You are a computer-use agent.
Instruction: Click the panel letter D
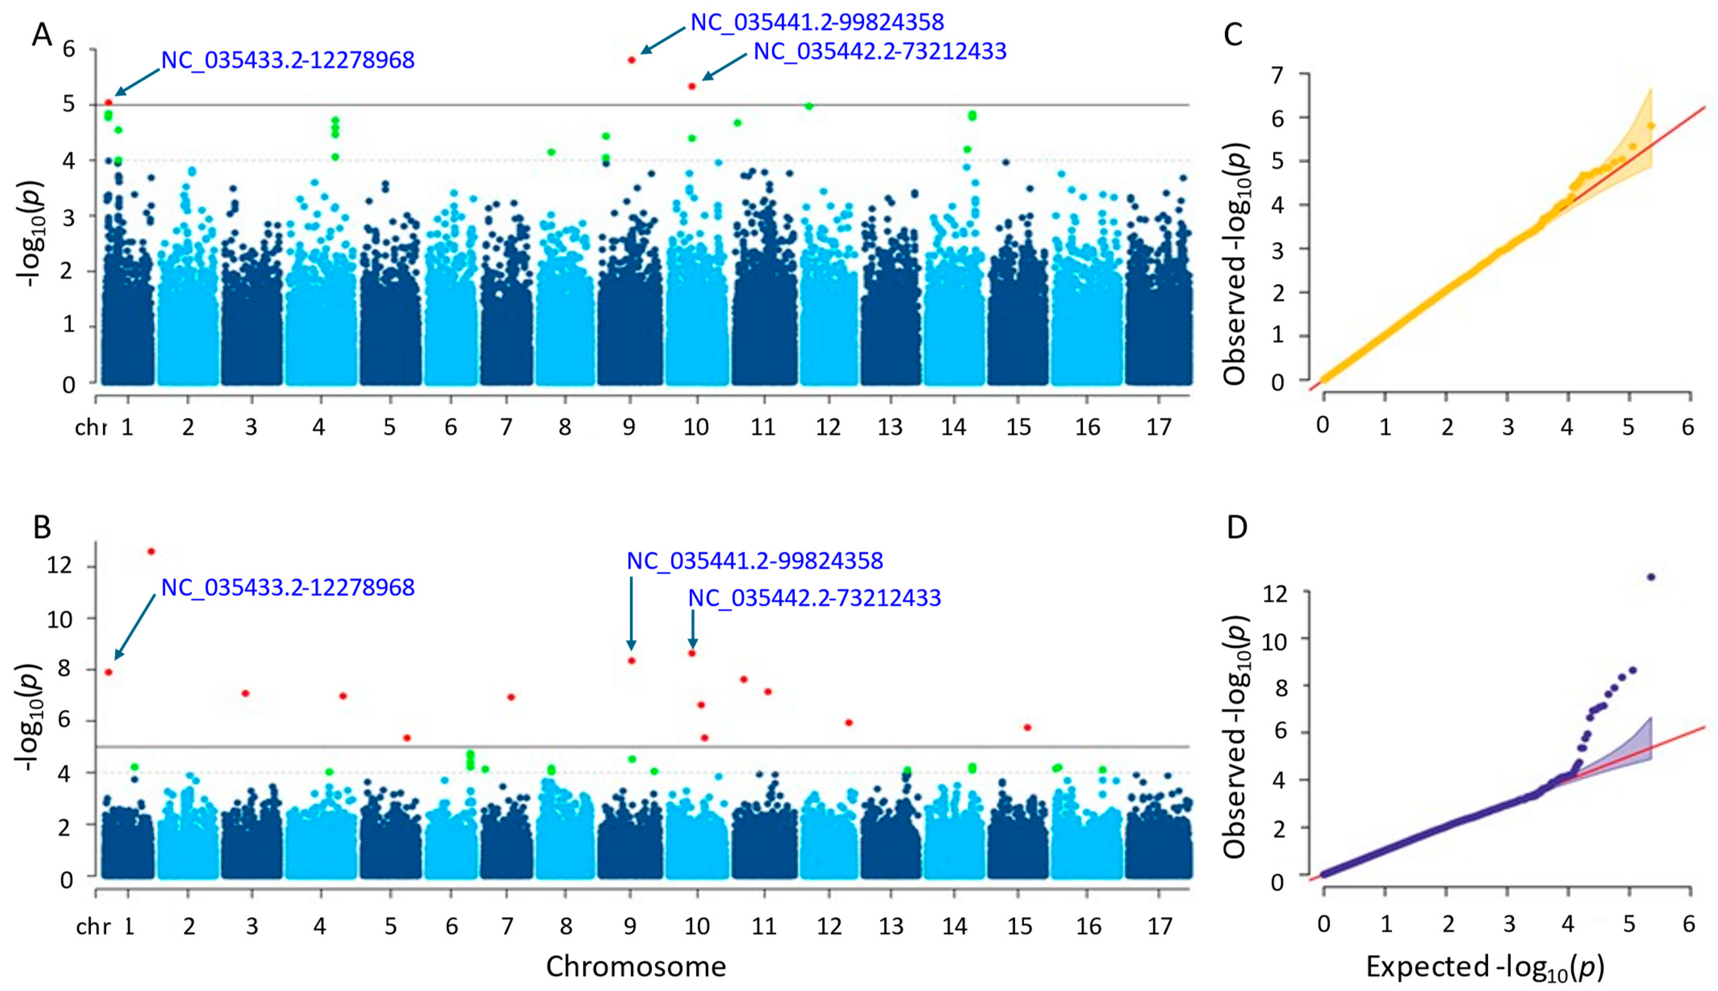tap(1236, 528)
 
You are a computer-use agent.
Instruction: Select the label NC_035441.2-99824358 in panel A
tap(817, 23)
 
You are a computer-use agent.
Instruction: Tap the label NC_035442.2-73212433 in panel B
tap(814, 598)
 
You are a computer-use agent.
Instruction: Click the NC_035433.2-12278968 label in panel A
tap(287, 61)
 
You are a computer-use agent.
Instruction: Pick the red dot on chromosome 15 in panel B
tap(1027, 727)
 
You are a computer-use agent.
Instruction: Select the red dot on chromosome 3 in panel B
tap(246, 693)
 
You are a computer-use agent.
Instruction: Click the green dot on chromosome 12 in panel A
tap(809, 106)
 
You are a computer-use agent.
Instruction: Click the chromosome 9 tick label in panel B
tap(630, 926)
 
